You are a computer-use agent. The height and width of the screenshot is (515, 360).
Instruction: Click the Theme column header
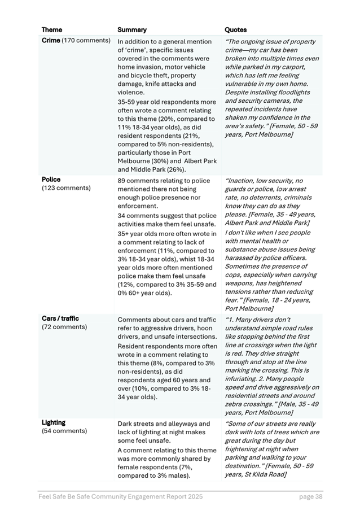click(52, 30)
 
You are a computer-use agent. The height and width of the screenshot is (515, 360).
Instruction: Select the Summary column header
click(131, 30)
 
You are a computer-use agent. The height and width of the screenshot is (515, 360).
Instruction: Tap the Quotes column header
click(235, 30)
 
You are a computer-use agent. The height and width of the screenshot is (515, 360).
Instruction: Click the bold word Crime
click(51, 41)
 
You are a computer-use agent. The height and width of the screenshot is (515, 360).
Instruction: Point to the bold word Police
click(51, 180)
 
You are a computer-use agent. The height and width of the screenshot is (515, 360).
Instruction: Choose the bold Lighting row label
click(54, 422)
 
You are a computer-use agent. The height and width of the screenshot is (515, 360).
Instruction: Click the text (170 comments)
click(86, 41)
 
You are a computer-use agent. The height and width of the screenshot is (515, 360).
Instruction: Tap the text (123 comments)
click(66, 188)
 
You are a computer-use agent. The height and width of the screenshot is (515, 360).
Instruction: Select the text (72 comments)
click(64, 327)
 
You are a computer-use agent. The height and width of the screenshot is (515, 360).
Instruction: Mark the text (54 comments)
click(64, 431)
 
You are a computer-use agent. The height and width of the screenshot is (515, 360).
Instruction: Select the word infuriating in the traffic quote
click(243, 370)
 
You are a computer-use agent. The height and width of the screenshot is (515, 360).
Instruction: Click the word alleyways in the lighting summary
click(177, 424)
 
